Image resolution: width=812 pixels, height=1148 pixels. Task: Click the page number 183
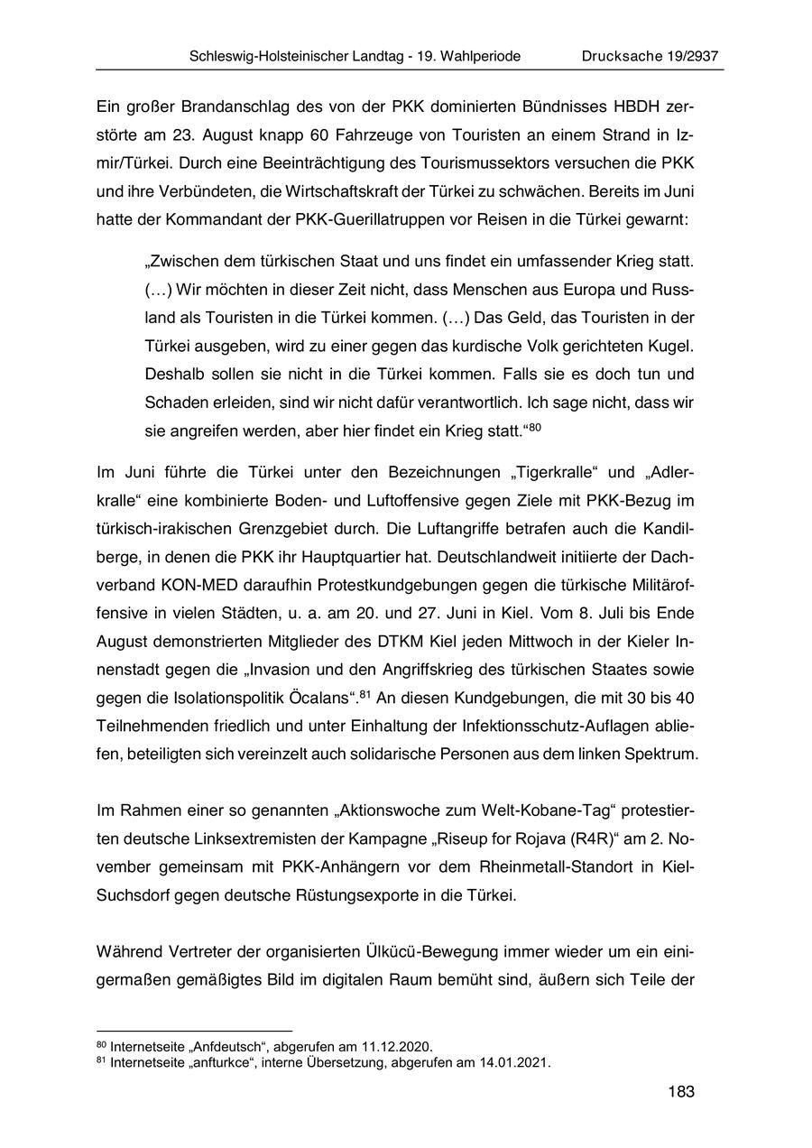point(681,1092)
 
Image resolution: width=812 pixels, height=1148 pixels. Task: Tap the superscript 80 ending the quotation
point(535,427)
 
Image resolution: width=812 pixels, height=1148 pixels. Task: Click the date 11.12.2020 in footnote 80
point(399,1047)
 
